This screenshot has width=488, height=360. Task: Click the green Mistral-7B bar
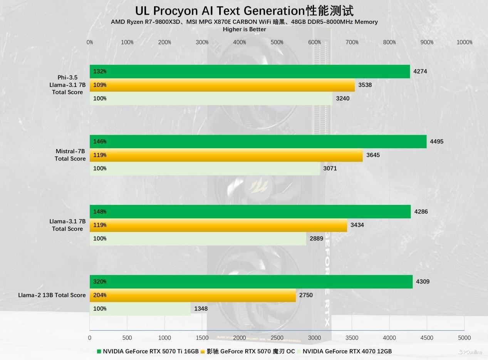258,141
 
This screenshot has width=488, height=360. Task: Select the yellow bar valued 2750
193,295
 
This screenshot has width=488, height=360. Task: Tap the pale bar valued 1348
140,309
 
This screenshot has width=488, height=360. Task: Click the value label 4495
437,141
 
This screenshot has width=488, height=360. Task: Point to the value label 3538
365,85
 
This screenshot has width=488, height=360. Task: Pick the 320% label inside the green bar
100,281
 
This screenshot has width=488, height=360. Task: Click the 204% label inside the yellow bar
100,295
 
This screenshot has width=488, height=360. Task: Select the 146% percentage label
100,141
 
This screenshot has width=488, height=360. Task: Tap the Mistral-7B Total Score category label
70,155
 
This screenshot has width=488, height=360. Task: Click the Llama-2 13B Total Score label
52,295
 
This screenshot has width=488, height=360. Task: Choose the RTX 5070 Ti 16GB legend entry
150,351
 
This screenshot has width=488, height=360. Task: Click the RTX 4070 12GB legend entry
347,351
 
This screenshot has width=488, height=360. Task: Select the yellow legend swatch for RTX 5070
203,351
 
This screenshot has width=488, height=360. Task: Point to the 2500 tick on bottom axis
277,338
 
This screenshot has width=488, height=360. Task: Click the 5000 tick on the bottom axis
464,338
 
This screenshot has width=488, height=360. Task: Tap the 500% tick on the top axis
277,42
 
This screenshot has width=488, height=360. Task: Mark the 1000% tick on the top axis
464,42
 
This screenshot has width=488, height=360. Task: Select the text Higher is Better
244,29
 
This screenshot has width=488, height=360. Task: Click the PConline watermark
470,352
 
